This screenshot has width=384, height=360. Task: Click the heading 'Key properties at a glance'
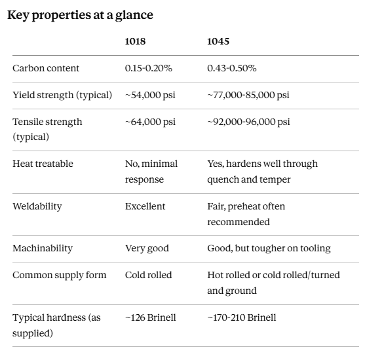click(x=80, y=15)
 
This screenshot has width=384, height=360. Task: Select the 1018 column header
click(x=135, y=41)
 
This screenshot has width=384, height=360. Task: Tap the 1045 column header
click(x=218, y=41)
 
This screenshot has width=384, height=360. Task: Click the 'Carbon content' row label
click(x=46, y=68)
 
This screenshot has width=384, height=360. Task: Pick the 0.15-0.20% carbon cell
click(x=149, y=68)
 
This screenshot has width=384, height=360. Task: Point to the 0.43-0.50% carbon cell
click(x=232, y=68)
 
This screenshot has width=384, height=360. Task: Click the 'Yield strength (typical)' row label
click(x=62, y=95)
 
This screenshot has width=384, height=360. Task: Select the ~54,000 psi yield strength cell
click(x=150, y=95)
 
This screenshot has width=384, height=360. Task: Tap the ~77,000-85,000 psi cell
click(x=248, y=95)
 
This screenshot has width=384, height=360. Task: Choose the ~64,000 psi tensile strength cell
click(x=150, y=122)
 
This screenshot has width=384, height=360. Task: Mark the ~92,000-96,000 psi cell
click(x=248, y=122)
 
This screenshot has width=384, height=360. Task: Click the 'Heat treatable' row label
click(x=43, y=164)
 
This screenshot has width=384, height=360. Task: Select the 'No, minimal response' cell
click(x=151, y=171)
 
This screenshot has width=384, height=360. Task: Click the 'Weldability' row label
click(x=37, y=207)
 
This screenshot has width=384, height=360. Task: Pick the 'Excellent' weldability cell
click(x=145, y=206)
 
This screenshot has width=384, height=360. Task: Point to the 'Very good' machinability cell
click(x=147, y=249)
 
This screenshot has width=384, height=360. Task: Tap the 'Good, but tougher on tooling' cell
click(x=269, y=249)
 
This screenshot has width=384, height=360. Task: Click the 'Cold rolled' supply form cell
click(x=148, y=275)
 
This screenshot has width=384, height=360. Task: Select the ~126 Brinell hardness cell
click(x=151, y=317)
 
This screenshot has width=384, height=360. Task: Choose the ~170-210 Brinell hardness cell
click(x=242, y=317)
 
